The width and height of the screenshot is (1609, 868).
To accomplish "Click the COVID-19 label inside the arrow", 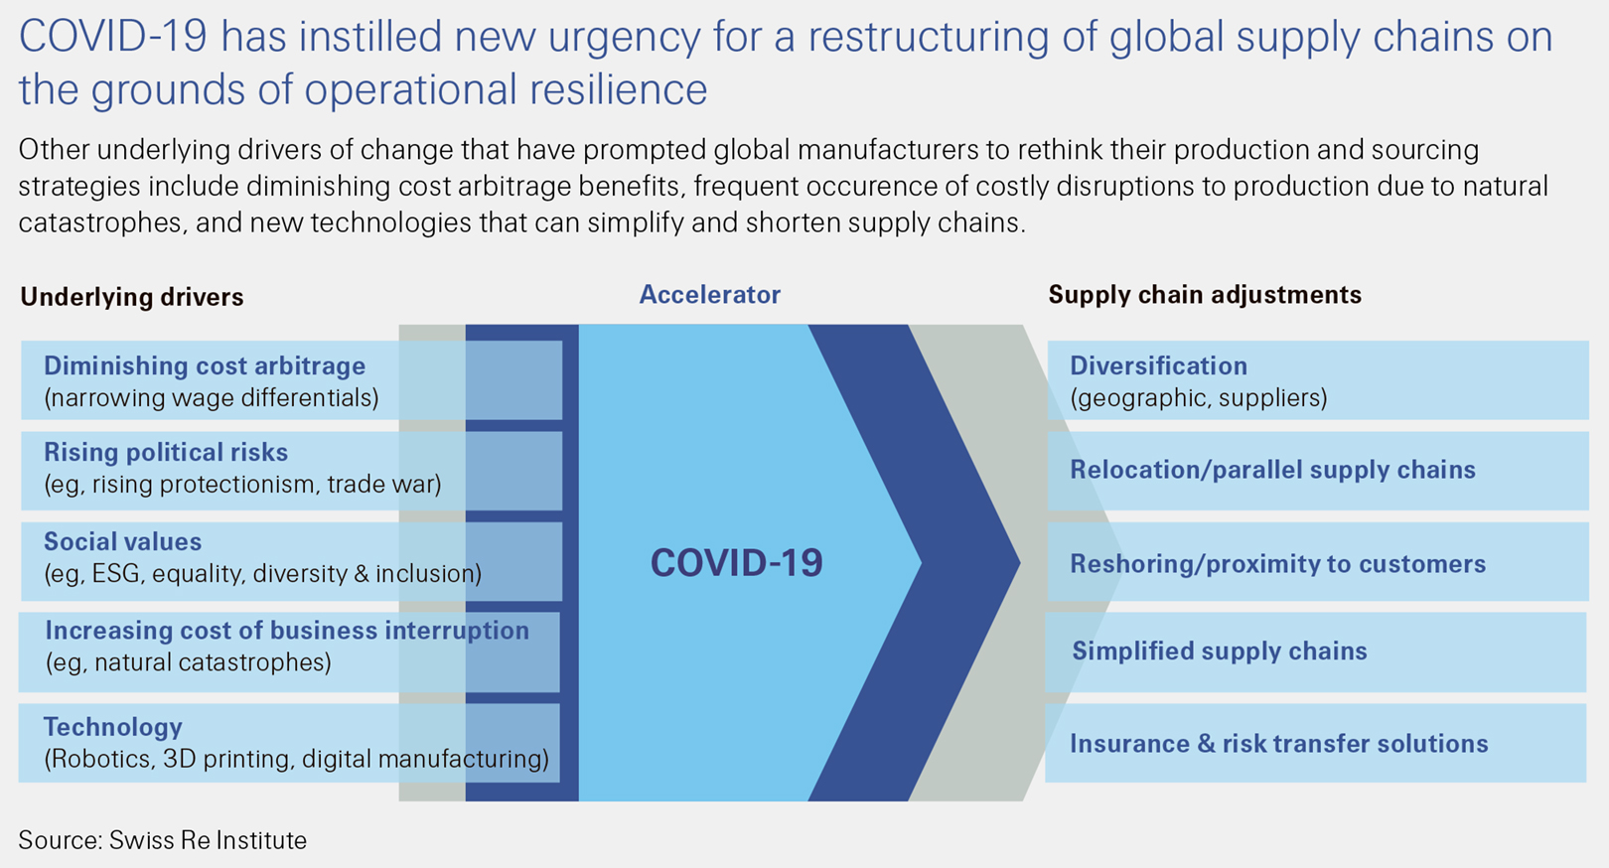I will click(x=736, y=563).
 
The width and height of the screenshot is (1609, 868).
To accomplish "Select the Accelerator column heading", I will click(x=709, y=295).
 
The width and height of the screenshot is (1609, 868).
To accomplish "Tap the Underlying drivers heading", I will click(x=131, y=297).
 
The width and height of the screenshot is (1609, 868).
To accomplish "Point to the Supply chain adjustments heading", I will click(x=1205, y=295).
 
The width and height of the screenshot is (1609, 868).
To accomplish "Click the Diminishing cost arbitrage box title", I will click(x=205, y=366).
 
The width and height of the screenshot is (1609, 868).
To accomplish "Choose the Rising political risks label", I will click(x=166, y=453).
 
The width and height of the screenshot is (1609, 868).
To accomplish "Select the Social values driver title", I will click(x=122, y=542).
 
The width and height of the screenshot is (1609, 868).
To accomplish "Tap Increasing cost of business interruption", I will click(x=287, y=631).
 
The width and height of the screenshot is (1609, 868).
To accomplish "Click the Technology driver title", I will click(x=112, y=727).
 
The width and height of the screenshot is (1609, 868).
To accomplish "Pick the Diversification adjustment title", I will click(x=1158, y=366).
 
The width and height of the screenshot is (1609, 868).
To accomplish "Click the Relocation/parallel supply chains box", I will click(x=1272, y=470).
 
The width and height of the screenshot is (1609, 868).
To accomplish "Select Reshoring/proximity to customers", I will click(x=1277, y=564).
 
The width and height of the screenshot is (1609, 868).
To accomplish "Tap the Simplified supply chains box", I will click(x=1220, y=651).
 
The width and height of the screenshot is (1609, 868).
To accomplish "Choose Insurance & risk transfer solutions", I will click(x=1278, y=744).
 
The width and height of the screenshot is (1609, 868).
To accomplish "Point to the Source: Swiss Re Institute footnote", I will click(x=163, y=840).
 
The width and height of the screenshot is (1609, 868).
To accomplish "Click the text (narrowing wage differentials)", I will click(x=212, y=398).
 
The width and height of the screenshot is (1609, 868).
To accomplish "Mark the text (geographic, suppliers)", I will click(x=1199, y=398).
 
